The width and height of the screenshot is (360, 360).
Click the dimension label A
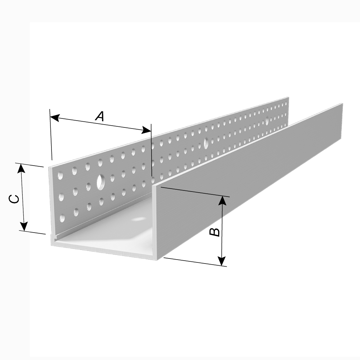coord(100,116)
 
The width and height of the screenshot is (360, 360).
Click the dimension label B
coord(215,232)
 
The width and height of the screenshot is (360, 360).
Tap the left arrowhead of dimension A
coord(54,118)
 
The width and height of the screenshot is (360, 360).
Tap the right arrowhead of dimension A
coord(147,130)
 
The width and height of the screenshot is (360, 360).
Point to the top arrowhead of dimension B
coord(222,200)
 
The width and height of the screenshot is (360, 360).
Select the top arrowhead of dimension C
coord(21,168)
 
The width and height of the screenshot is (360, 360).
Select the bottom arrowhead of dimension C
coord(24,226)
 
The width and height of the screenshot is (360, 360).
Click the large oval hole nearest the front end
coord(100,182)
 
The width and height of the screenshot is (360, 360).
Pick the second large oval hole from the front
coord(206,143)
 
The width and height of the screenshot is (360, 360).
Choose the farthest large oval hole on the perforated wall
coord(267,121)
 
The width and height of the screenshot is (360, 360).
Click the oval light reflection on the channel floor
coord(139,219)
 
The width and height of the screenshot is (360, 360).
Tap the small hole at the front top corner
coord(60,176)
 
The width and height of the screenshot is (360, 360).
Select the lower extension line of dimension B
coord(195,262)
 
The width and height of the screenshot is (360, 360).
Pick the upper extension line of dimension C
coord(29,165)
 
